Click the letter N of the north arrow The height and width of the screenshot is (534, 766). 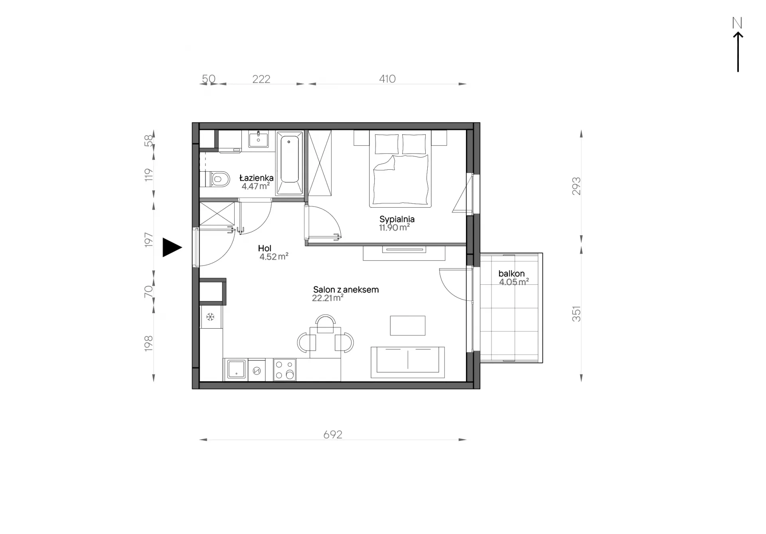[x=737, y=23]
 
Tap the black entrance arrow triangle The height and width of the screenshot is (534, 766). [x=172, y=247]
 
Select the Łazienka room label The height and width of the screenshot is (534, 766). [x=256, y=178]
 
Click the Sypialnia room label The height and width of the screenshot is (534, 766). [x=397, y=219]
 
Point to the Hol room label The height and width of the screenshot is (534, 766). [x=265, y=248]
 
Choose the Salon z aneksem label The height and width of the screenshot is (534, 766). [x=345, y=290]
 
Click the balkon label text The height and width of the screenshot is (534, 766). [x=511, y=274]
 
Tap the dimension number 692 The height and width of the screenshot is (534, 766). [x=333, y=435]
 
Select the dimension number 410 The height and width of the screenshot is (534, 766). [x=387, y=79]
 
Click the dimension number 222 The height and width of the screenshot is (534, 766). [x=261, y=79]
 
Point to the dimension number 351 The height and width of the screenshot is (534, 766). [x=576, y=314]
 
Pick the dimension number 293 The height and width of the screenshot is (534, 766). [x=576, y=186]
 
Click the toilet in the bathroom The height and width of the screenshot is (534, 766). [x=217, y=179]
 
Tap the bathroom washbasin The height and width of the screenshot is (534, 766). [x=259, y=139]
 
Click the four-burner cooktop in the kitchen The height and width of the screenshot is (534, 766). [x=284, y=369]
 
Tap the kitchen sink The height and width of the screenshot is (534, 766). [x=236, y=369]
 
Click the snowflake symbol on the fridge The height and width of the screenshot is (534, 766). [x=210, y=317]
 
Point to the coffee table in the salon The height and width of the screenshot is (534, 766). [x=407, y=326]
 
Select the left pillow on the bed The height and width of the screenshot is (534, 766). [x=386, y=144]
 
